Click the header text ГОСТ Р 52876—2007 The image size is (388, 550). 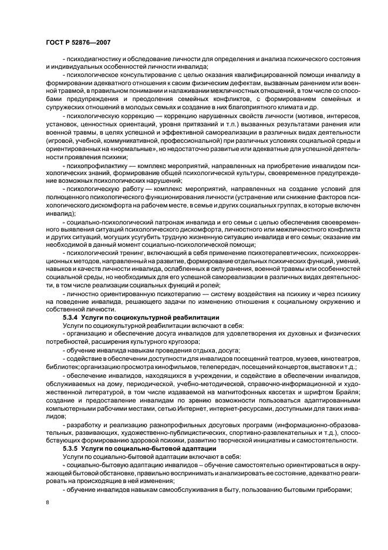(77, 42)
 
